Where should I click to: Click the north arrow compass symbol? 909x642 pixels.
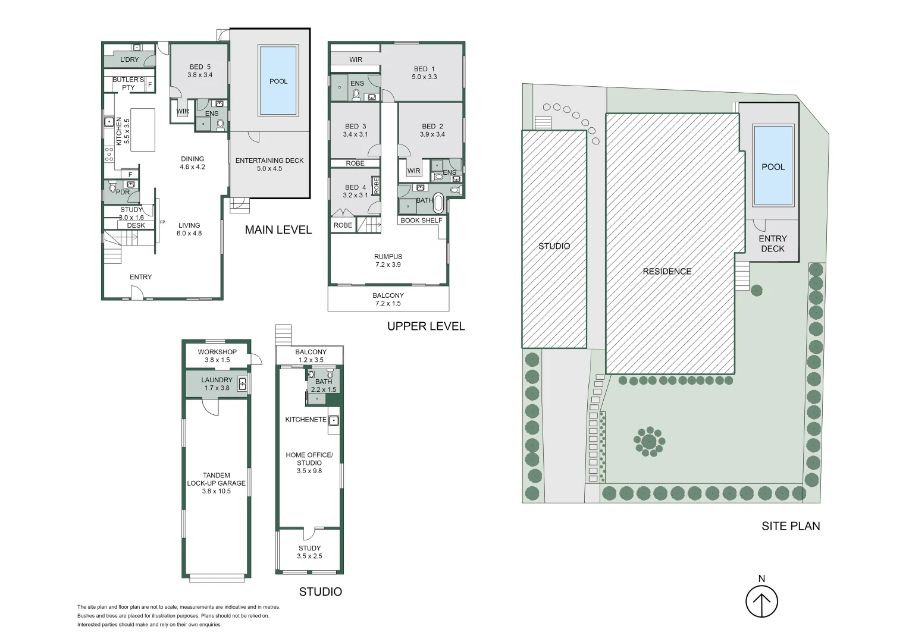pyautogui.click(x=761, y=601)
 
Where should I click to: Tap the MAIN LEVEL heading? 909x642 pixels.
pyautogui.click(x=278, y=230)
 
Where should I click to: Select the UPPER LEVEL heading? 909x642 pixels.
pyautogui.click(x=426, y=326)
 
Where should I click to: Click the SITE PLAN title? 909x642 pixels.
pyautogui.click(x=791, y=526)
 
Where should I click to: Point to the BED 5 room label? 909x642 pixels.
pyautogui.click(x=200, y=67)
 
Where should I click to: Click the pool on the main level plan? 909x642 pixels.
pyautogui.click(x=278, y=80)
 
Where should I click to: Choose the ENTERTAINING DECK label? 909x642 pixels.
pyautogui.click(x=269, y=160)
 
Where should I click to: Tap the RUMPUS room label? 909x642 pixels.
pyautogui.click(x=388, y=257)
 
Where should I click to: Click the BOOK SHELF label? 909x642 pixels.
pyautogui.click(x=421, y=221)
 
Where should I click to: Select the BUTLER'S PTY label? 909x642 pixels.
pyautogui.click(x=128, y=84)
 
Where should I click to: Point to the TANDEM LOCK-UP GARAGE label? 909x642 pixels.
pyautogui.click(x=217, y=479)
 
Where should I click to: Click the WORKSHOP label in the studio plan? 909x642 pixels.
pyautogui.click(x=217, y=352)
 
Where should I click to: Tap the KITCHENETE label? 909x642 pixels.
pyautogui.click(x=306, y=419)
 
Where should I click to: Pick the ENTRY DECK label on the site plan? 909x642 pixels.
pyautogui.click(x=773, y=244)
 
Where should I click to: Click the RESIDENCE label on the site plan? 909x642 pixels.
pyautogui.click(x=667, y=271)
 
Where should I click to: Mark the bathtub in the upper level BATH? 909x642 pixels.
pyautogui.click(x=438, y=203)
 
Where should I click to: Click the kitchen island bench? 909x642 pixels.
pyautogui.click(x=143, y=130)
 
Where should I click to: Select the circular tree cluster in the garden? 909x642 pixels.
pyautogui.click(x=649, y=442)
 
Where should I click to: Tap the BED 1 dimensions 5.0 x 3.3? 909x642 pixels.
pyautogui.click(x=425, y=77)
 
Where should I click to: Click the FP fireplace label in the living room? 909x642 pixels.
pyautogui.click(x=163, y=222)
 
